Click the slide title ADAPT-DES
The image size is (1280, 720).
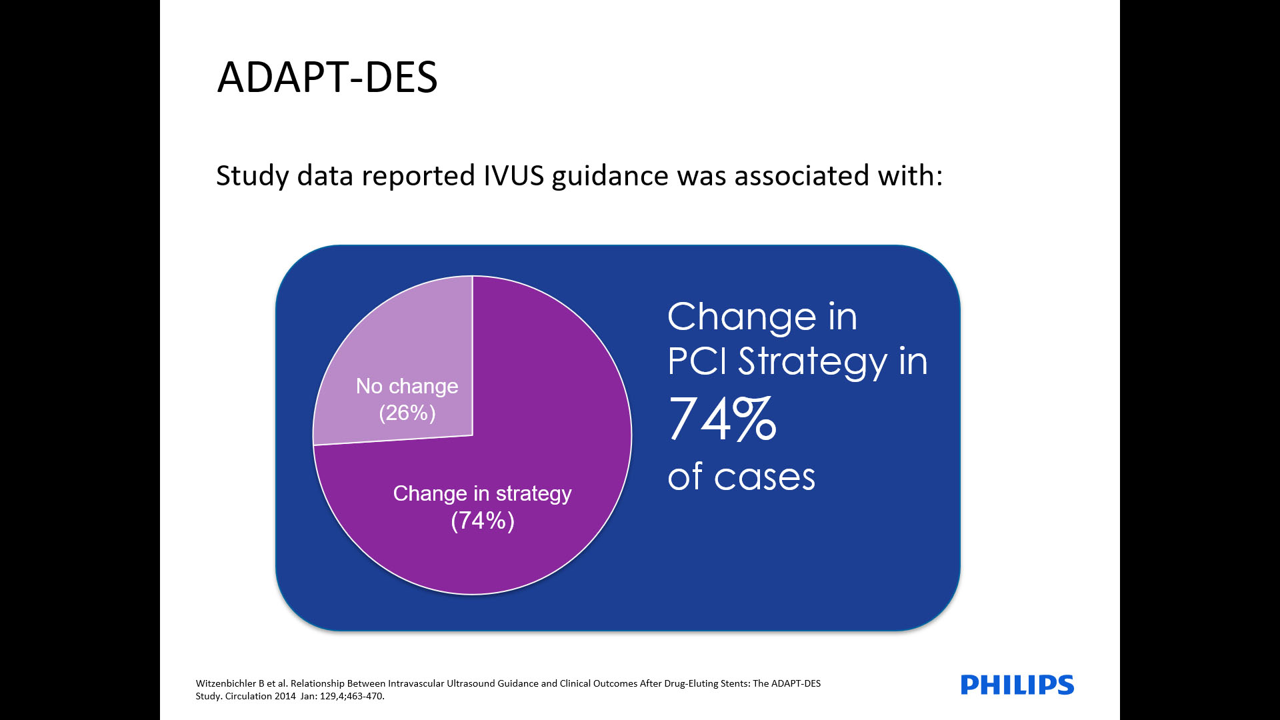327,77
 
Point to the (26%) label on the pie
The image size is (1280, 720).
407,413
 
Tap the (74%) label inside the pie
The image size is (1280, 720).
483,521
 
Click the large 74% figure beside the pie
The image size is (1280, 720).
723,418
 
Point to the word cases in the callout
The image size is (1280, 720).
765,477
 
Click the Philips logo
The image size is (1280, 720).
1017,685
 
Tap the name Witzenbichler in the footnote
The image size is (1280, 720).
226,683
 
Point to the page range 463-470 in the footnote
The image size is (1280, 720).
364,696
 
